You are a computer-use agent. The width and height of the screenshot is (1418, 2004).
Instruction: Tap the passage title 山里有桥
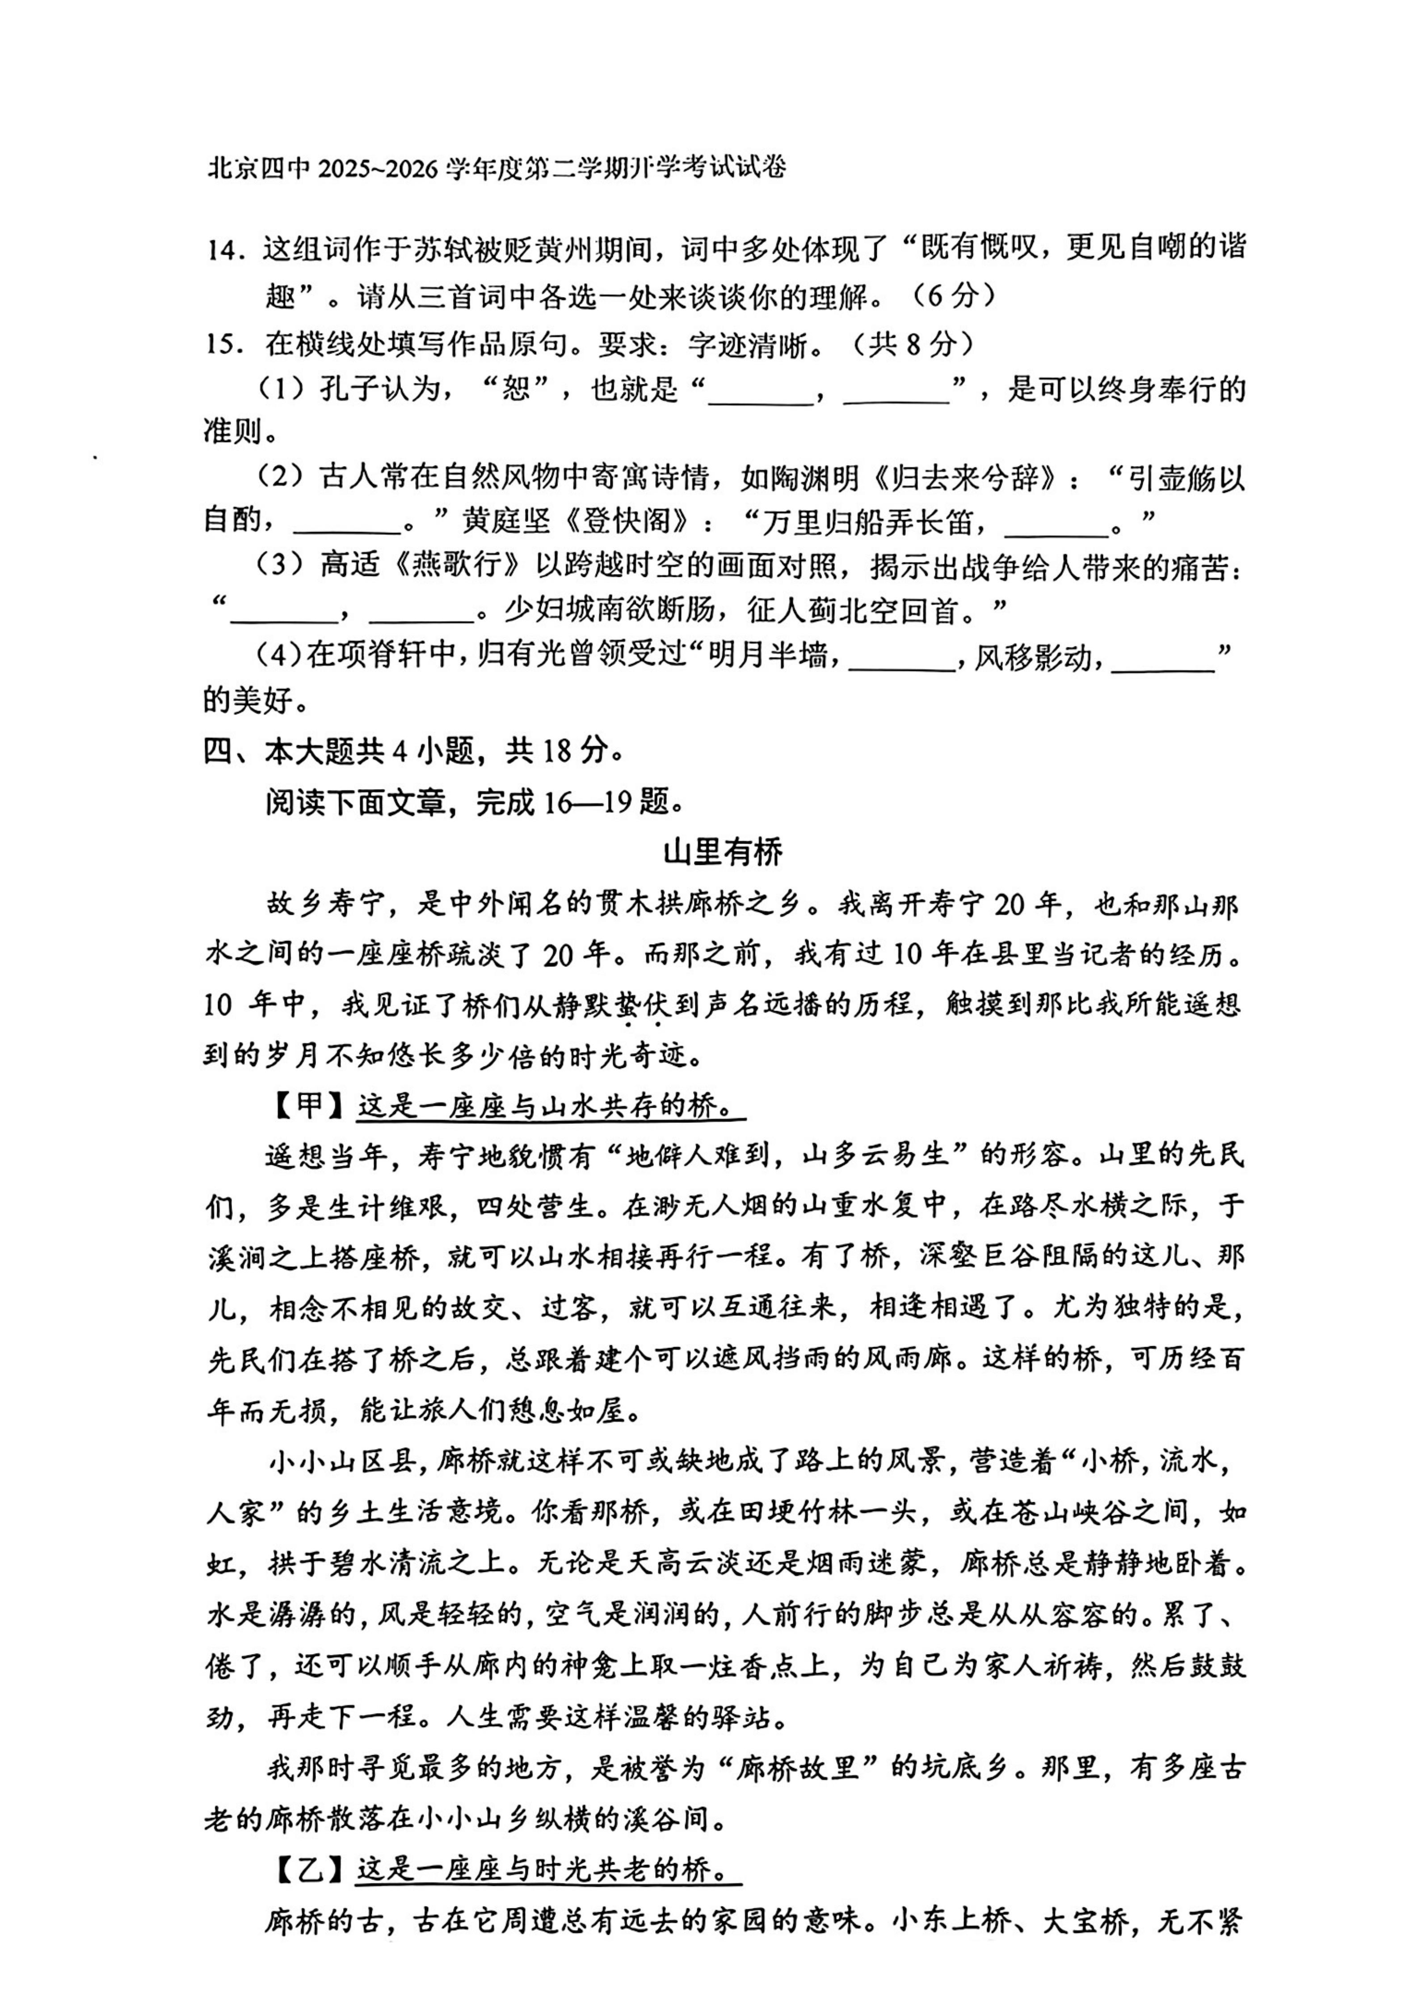pos(723,851)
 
